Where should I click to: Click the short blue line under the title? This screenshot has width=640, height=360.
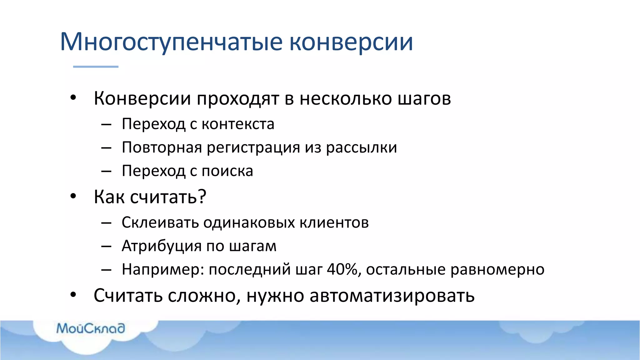point(96,67)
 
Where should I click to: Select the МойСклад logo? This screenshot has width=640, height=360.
point(91,328)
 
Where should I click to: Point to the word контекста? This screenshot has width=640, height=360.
point(238,124)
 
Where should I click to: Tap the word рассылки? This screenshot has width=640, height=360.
point(362,147)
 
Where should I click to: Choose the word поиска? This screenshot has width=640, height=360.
point(227,171)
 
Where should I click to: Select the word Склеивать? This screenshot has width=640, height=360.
point(160,222)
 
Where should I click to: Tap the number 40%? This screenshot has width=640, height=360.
point(342,269)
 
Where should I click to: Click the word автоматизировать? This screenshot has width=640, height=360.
point(392,296)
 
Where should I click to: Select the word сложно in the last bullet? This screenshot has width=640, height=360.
point(204,296)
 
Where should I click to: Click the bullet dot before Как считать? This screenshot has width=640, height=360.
point(73,197)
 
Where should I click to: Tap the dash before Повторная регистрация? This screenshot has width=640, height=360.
point(106,148)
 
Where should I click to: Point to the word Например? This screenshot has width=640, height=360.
point(162,269)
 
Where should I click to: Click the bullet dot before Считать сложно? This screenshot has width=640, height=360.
point(73,295)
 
